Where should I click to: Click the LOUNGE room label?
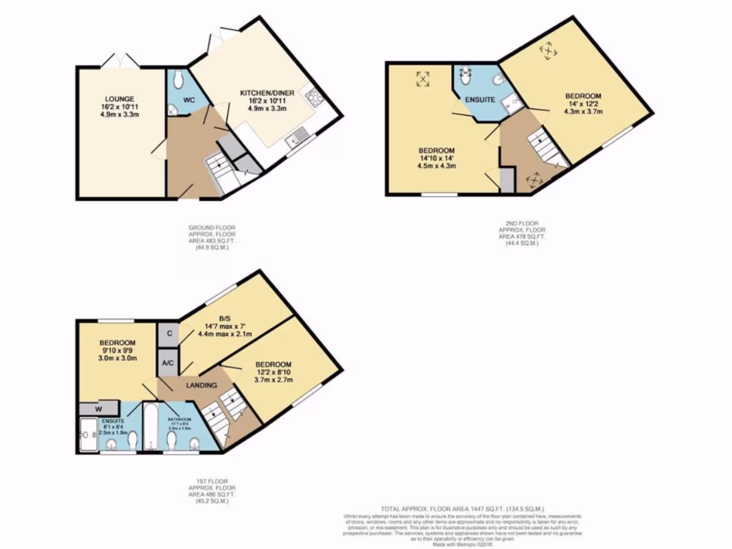(119, 99)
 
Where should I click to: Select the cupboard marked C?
(169, 333)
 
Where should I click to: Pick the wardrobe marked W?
(98, 409)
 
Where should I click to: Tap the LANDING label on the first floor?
(202, 385)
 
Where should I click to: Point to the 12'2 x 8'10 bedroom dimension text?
(274, 372)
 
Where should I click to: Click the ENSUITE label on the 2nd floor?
(480, 99)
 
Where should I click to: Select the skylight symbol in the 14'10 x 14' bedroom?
(422, 79)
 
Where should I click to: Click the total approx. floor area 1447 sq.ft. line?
(463, 508)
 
